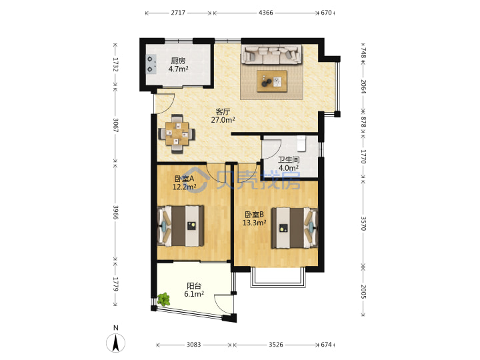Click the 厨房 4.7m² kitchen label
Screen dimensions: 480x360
point(178,65)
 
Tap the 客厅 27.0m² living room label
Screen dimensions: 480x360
point(223,116)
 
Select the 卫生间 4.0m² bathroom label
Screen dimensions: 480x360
point(289,164)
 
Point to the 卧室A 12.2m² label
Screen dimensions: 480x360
point(184,183)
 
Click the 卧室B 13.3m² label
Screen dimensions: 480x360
point(254,219)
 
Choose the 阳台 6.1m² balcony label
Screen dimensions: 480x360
point(194,290)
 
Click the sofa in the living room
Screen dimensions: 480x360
point(271,55)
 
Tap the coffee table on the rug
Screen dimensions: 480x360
point(272,81)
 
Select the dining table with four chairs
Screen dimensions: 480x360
point(177,134)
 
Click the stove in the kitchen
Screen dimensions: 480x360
point(151,64)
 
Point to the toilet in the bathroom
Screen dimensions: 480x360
point(301,143)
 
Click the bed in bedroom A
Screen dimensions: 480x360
point(181,226)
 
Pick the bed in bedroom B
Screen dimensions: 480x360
point(295,228)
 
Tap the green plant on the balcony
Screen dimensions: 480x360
point(164,299)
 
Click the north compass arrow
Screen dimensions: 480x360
point(116,343)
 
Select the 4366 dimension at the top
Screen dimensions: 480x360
point(266,13)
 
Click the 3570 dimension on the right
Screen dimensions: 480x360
point(363,223)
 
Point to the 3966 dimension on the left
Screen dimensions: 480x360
point(115,212)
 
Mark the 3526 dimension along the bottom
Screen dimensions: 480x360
point(276,345)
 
